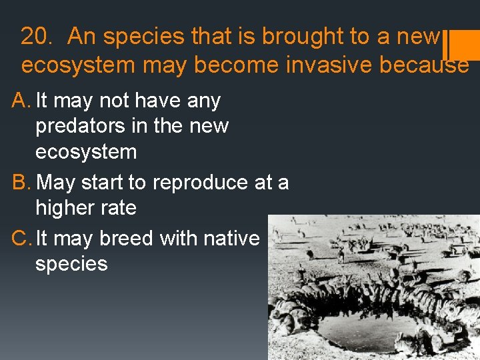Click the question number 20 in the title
click(x=35, y=37)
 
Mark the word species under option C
click(x=71, y=264)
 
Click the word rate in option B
click(x=121, y=208)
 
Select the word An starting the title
click(x=81, y=37)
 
